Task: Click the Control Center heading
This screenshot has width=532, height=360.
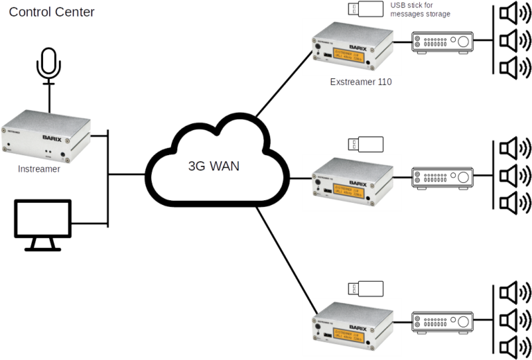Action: coord(52,12)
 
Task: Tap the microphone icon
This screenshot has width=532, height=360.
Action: coord(49,66)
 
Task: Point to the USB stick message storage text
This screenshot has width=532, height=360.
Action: coord(420,9)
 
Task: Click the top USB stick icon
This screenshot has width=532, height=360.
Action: coord(365,9)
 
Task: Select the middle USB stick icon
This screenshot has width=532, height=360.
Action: coord(365,145)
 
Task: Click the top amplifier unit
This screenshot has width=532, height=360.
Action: coord(442,42)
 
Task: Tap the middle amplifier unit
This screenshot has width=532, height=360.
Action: coord(442,178)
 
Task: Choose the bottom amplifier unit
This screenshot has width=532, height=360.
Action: coord(442,321)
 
